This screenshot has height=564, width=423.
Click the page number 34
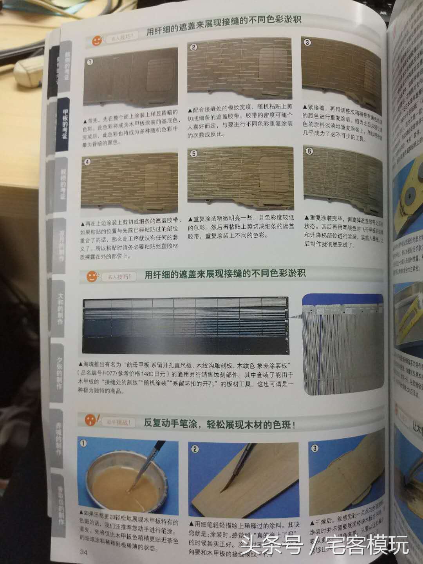click(x=83, y=553)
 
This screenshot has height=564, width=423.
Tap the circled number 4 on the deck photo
click(x=88, y=161)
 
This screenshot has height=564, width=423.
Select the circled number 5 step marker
click(x=194, y=154)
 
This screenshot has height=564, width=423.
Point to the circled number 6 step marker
click(x=309, y=151)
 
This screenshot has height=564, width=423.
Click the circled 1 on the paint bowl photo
click(x=83, y=443)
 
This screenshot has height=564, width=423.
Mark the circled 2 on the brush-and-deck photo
click(x=195, y=449)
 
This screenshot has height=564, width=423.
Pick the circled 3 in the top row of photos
click(x=307, y=42)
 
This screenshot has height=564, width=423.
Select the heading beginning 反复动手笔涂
click(x=219, y=424)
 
